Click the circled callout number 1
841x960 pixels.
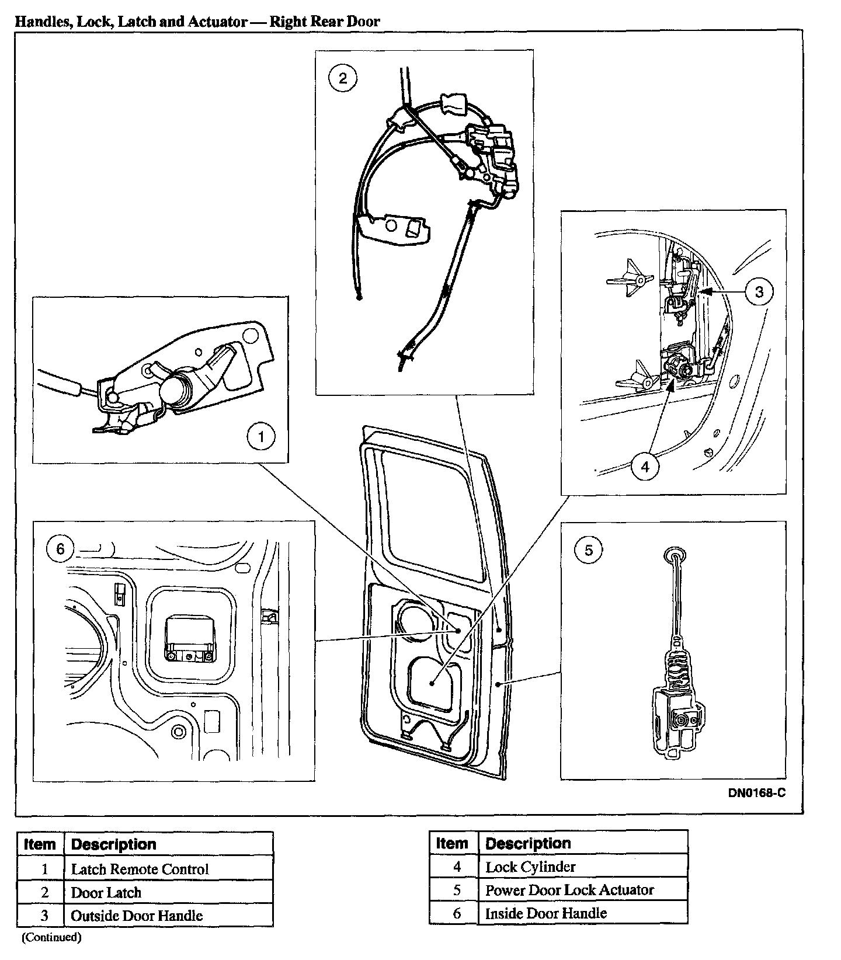pyautogui.click(x=261, y=437)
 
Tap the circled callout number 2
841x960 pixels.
pyautogui.click(x=343, y=78)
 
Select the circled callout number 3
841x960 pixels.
pyautogui.click(x=759, y=291)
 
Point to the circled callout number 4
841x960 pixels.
pyautogui.click(x=645, y=467)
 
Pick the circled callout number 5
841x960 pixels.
pyautogui.click(x=588, y=549)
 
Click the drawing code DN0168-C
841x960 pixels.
pyautogui.click(x=756, y=793)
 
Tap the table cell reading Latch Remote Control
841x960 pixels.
pyautogui.click(x=140, y=869)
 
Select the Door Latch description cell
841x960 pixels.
pyautogui.click(x=106, y=892)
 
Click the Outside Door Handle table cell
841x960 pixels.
pyautogui.click(x=137, y=916)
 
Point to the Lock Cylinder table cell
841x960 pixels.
pyautogui.click(x=530, y=867)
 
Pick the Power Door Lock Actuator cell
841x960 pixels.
pyautogui.click(x=569, y=890)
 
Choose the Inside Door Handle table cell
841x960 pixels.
pyautogui.click(x=546, y=913)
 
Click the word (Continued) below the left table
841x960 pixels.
pyautogui.click(x=51, y=938)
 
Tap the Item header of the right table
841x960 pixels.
pyautogui.click(x=452, y=843)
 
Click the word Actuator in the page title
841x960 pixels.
pyautogui.click(x=217, y=22)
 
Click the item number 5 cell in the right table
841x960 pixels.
pyautogui.click(x=457, y=890)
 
